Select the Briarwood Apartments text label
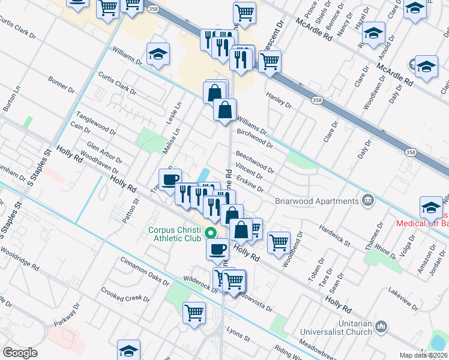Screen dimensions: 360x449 point(316,200)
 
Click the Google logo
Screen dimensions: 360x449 point(20,352)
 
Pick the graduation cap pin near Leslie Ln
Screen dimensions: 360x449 point(158,55)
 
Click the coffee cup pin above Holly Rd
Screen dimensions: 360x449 point(170,179)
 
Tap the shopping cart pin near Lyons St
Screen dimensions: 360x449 point(194,313)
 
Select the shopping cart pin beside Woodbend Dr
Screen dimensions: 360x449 point(279,243)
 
